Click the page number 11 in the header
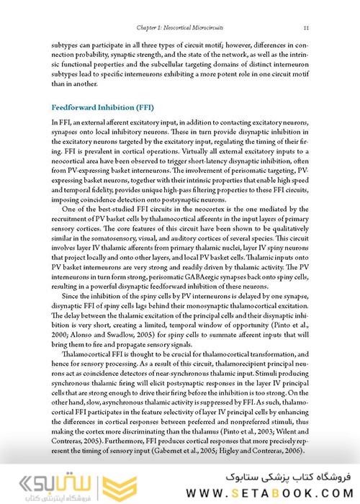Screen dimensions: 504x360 tap(306, 27)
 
